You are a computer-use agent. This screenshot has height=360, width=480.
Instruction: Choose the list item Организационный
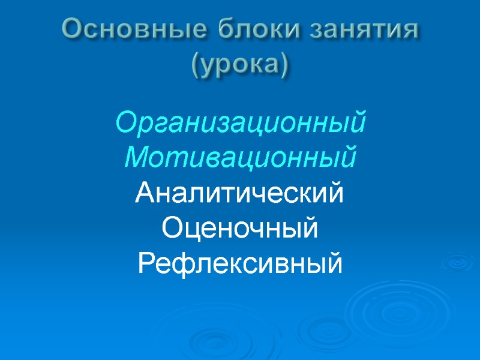pyautogui.click(x=240, y=123)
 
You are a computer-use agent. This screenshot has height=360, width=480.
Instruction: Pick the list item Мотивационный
pyautogui.click(x=240, y=158)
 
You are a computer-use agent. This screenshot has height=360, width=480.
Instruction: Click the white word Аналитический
pyautogui.click(x=240, y=194)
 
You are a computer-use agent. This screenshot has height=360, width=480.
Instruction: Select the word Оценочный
pyautogui.click(x=240, y=229)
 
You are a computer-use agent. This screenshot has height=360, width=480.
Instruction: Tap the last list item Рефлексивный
pyautogui.click(x=240, y=263)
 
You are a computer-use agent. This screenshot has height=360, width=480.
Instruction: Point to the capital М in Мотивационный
pyautogui.click(x=134, y=157)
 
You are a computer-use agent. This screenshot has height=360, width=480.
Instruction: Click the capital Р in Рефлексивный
pyautogui.click(x=147, y=263)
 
